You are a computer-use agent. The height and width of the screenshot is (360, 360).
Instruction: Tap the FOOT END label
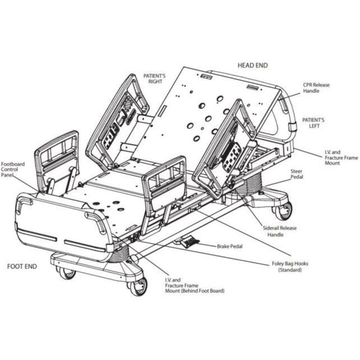click(22, 266)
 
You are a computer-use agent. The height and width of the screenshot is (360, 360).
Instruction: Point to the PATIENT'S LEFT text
click(313, 123)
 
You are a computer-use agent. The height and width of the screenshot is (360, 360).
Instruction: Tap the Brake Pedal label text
click(232, 247)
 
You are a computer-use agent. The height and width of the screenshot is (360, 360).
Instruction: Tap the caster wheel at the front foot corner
click(138, 286)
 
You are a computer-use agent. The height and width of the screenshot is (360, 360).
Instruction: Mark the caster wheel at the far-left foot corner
click(66, 273)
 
